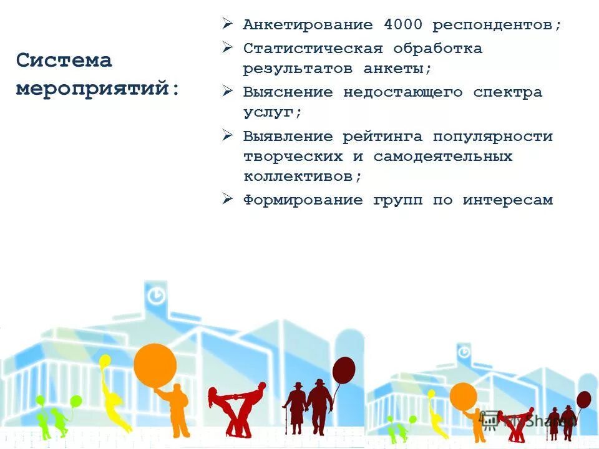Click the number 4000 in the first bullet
click(402, 25)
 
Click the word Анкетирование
click(308, 25)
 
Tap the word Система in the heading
click(64, 60)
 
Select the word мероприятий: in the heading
click(98, 88)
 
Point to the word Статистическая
click(313, 48)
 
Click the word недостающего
click(402, 92)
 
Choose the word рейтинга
click(382, 136)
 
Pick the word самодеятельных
click(443, 156)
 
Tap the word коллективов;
click(303, 176)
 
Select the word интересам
click(507, 200)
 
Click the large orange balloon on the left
click(155, 365)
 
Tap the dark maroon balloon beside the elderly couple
click(343, 370)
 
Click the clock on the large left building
click(155, 294)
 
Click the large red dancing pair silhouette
click(237, 408)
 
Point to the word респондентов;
click(497, 25)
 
